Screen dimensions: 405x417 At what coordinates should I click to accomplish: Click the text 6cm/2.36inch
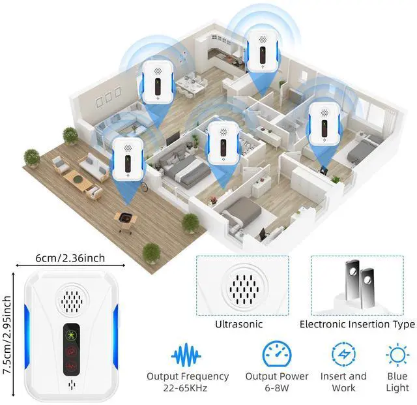coord(70,258)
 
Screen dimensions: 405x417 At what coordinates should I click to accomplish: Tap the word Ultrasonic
coord(240,324)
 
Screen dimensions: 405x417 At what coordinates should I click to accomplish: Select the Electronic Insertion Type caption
coord(357,324)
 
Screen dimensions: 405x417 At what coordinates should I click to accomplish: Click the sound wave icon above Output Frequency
coord(186,355)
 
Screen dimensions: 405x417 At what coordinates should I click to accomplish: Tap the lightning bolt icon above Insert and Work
coord(343,355)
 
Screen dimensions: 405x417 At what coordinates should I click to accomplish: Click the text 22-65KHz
coord(188,389)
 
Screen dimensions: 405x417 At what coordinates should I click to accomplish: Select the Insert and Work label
coord(343,382)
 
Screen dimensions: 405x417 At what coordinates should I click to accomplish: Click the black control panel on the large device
coord(70,349)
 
